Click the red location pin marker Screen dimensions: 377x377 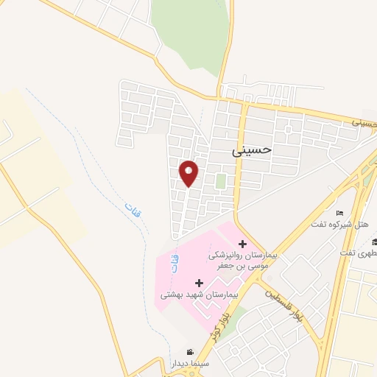(189, 173)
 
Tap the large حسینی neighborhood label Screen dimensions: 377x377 (252, 149)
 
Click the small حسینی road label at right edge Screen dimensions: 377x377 (364, 121)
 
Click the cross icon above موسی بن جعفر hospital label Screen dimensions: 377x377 (242, 244)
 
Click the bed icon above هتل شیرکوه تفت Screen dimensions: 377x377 (339, 212)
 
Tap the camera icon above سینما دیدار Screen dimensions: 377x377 (190, 353)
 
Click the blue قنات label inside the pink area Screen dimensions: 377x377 (175, 263)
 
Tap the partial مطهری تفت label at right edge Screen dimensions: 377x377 (359, 253)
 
